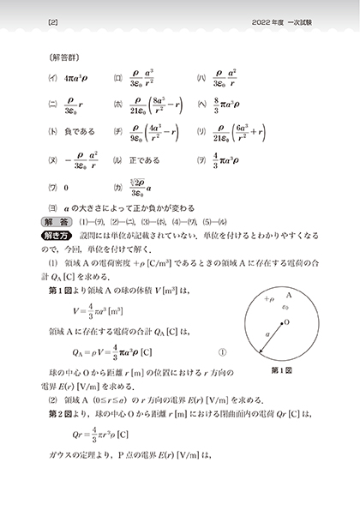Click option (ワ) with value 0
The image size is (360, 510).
[65, 187]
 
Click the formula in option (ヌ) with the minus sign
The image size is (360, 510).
[78, 160]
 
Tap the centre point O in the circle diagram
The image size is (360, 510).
[283, 322]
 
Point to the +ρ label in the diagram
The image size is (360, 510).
[269, 301]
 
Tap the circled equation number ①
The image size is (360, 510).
[223, 351]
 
